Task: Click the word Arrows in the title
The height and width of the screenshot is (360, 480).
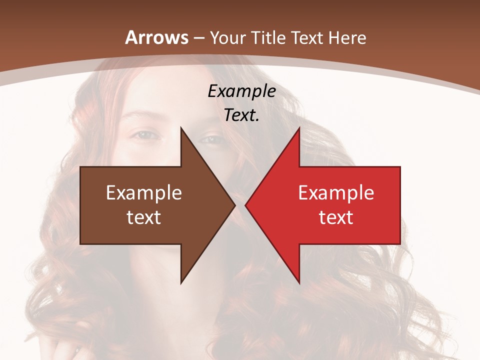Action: point(156,37)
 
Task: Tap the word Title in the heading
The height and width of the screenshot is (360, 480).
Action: point(271,37)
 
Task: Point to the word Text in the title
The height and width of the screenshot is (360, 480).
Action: point(308,37)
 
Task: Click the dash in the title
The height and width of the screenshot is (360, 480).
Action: point(199,38)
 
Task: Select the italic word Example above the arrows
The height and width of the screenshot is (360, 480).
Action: point(242,91)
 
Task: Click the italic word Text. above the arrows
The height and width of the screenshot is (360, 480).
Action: point(242,115)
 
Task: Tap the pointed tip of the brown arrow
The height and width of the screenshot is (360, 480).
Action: point(235,205)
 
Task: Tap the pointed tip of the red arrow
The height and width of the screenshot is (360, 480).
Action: point(245,205)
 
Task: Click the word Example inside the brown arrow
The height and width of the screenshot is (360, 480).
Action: point(144,192)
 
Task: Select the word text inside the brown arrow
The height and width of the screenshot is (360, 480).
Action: point(144,217)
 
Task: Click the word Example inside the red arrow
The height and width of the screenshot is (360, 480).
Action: point(336,192)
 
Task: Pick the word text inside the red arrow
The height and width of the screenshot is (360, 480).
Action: point(336,217)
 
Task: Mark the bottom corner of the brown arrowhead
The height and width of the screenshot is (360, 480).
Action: point(181,283)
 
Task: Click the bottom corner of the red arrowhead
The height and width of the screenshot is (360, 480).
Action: point(299,283)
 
